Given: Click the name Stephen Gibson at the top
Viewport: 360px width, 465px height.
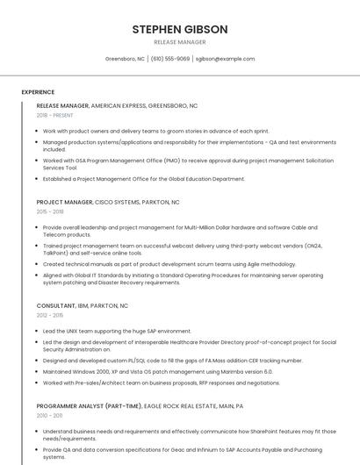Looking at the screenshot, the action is [x=180, y=29].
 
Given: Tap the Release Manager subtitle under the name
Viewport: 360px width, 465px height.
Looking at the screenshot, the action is [x=180, y=42].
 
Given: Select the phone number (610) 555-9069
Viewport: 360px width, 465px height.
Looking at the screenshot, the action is [x=170, y=59].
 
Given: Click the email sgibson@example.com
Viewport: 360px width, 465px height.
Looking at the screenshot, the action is [x=225, y=59].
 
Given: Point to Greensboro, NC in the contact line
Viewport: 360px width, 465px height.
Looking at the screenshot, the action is [x=125, y=59].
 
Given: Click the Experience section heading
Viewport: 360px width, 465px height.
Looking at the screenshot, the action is [x=38, y=92].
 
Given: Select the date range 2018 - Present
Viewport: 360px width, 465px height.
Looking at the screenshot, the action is [x=55, y=115].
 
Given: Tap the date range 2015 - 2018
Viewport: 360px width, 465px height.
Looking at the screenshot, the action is [x=50, y=211].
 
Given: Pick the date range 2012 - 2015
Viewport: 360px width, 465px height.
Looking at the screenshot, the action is [x=50, y=315].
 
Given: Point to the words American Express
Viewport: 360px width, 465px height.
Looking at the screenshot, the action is [x=119, y=105].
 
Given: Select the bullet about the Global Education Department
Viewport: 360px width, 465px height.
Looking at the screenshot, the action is [x=144, y=179].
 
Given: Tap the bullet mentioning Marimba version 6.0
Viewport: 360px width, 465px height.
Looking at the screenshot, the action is [x=158, y=371].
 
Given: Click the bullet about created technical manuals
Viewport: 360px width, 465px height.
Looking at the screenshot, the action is [x=169, y=263].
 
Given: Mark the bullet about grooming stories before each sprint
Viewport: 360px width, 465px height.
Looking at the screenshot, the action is [x=156, y=131].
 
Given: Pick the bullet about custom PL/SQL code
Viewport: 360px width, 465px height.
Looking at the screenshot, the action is [x=172, y=361].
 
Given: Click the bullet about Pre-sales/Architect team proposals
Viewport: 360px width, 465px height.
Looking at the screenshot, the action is [x=162, y=383].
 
